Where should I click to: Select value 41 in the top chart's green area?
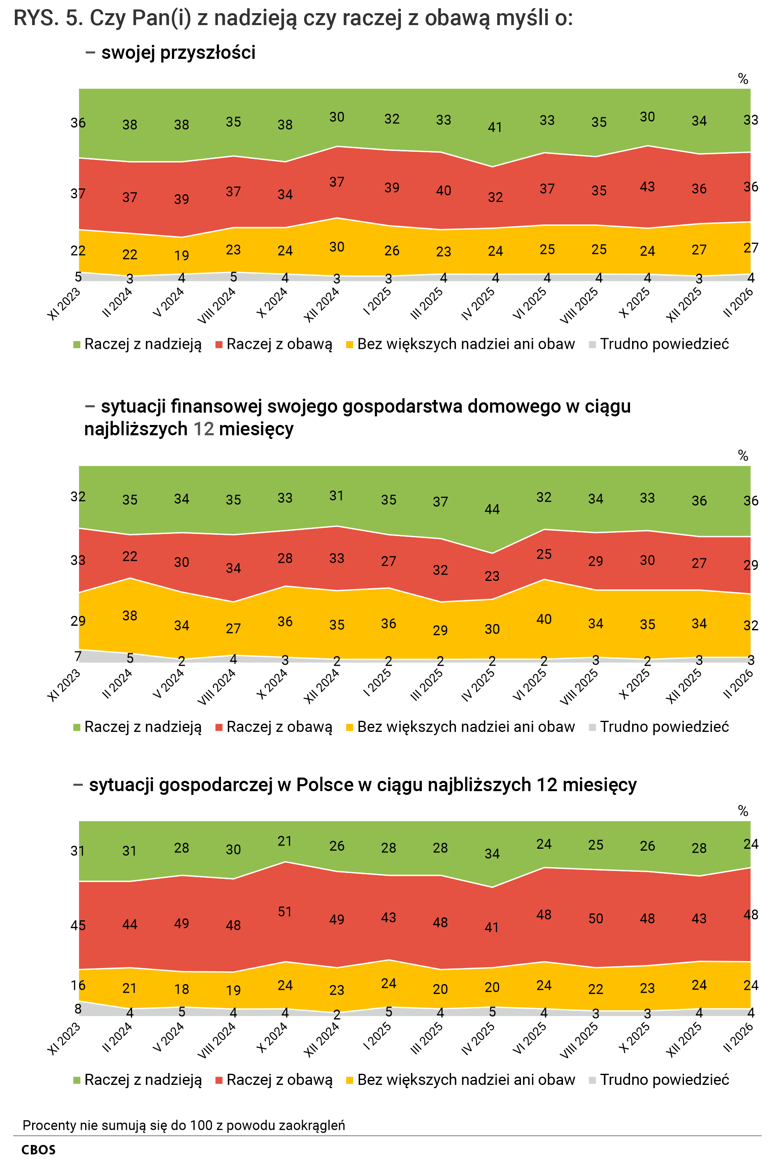[x=495, y=128]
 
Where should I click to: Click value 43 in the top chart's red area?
[x=647, y=187]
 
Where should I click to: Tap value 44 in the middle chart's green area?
[x=492, y=509]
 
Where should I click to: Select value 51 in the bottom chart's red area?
[x=285, y=912]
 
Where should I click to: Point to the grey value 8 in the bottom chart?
[x=78, y=1008]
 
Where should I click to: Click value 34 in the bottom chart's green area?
[x=492, y=854]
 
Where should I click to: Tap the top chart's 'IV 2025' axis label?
[x=478, y=304]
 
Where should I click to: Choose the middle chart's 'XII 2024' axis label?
[x=321, y=686]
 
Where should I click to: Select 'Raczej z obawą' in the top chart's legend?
[x=279, y=344]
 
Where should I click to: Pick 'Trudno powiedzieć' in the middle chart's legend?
[x=664, y=727]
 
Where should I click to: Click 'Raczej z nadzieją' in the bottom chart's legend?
[x=142, y=1080]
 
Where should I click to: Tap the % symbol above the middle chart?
[x=743, y=456]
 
